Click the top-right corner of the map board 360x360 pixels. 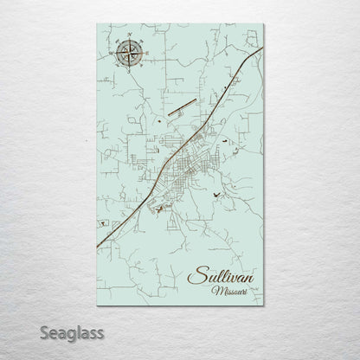263,25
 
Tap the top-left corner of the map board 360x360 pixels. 97,25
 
